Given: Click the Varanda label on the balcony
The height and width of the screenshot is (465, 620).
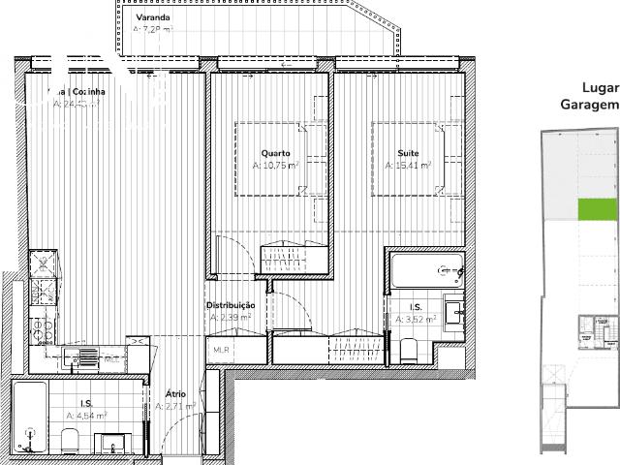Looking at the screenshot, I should coord(153,18).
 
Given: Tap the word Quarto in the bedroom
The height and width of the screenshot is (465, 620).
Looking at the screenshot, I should coord(276,153).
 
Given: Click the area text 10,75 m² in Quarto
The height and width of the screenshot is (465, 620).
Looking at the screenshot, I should coord(268,166).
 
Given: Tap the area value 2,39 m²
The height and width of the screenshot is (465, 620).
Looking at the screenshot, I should coord(231,317).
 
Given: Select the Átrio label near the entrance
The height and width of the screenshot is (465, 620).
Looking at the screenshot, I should coord(174,394).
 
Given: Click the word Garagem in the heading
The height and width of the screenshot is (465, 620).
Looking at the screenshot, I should coord(589,105).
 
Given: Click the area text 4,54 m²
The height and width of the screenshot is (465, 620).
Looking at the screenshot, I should coord(84,416).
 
